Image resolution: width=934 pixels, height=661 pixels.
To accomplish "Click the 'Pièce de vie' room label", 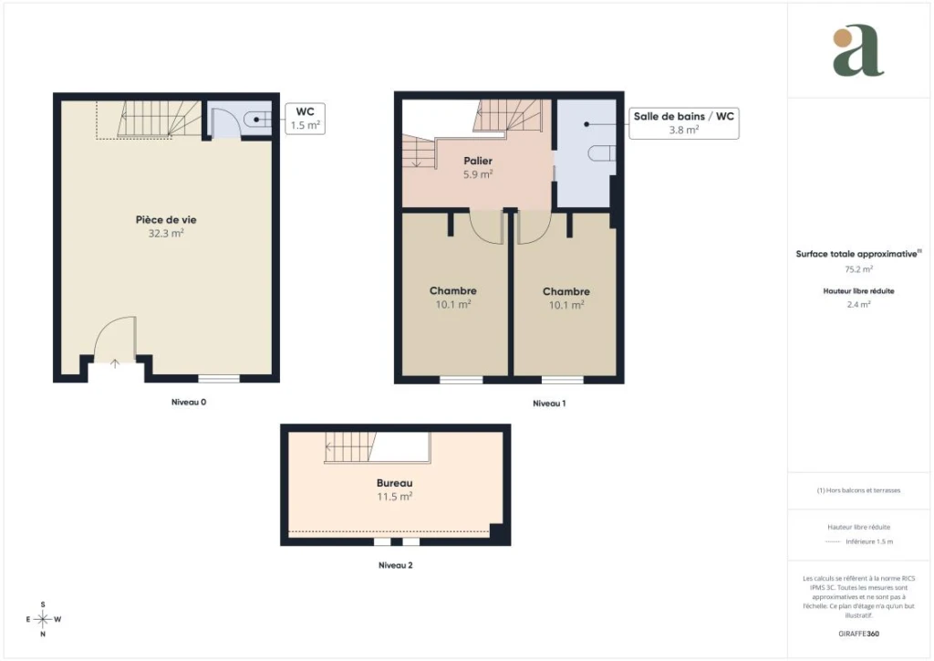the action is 166,220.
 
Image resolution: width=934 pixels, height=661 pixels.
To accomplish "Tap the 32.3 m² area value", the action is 166,233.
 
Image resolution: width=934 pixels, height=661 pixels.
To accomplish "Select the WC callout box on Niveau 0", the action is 305,119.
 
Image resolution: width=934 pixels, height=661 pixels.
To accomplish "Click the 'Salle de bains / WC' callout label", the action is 684,116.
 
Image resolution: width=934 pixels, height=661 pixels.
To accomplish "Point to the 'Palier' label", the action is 478,161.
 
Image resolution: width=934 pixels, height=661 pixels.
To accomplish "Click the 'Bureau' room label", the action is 394,483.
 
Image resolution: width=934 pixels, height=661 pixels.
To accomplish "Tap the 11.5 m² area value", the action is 394,496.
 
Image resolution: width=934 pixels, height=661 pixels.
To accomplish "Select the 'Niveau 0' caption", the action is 189,403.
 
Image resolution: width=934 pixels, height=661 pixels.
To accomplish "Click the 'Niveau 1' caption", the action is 549,404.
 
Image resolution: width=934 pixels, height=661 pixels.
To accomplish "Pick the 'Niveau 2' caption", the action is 396,565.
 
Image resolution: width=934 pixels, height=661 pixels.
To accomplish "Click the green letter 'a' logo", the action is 858,50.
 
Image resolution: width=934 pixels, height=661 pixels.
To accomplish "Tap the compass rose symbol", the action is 43,619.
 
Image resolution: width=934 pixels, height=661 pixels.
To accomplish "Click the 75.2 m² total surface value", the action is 859,269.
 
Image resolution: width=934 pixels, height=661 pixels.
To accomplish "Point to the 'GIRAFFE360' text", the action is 858,634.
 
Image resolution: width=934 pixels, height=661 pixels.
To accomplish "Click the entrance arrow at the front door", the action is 115,363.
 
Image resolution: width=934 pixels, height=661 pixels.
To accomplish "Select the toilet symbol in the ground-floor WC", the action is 261,120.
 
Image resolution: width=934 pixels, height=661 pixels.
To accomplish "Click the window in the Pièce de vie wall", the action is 219,379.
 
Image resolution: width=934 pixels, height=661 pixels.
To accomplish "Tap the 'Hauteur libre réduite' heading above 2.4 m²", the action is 859,291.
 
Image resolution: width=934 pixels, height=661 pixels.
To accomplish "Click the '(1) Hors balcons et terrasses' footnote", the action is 859,490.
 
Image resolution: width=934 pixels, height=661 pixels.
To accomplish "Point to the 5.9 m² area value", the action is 478,174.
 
